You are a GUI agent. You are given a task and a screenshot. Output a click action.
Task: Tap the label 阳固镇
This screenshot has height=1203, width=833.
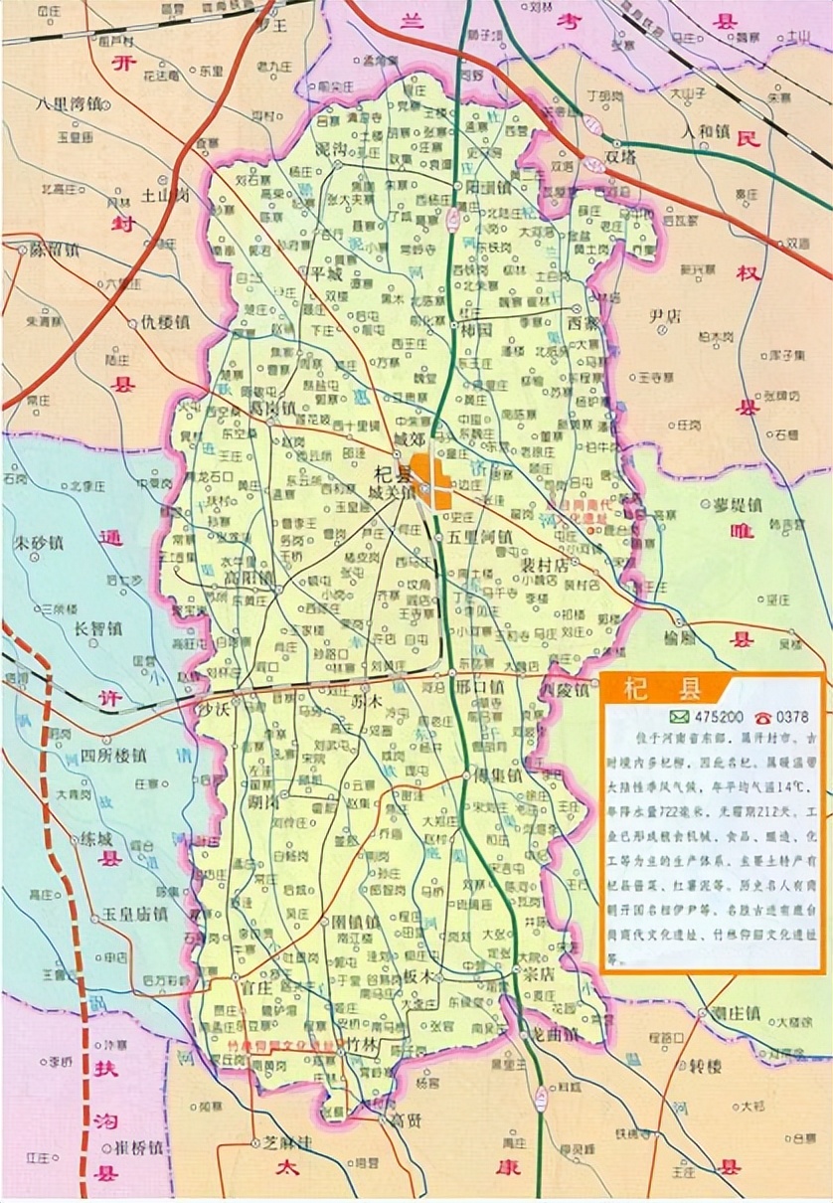[487, 186]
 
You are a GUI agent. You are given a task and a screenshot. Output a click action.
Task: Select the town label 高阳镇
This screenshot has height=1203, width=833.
[249, 577]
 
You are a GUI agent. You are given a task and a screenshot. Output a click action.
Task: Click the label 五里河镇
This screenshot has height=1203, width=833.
[480, 536]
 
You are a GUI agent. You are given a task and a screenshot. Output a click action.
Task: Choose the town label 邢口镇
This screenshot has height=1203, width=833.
[480, 686]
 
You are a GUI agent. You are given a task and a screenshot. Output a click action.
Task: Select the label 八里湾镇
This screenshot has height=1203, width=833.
[70, 102]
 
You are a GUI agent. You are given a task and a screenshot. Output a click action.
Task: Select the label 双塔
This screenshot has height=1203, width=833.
[620, 156]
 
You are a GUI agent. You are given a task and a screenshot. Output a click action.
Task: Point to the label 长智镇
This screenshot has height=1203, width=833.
[97, 627]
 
